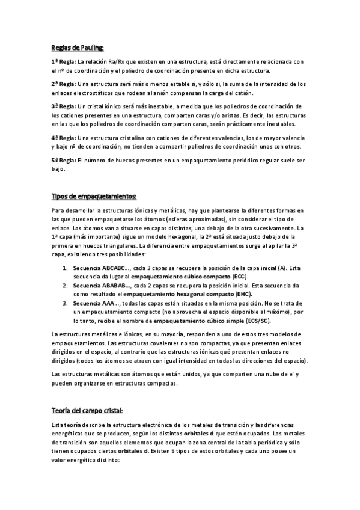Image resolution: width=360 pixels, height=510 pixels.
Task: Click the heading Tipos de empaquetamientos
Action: pyautogui.click(x=94, y=197)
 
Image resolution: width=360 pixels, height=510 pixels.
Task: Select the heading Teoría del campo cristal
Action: pyautogui.click(x=87, y=411)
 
